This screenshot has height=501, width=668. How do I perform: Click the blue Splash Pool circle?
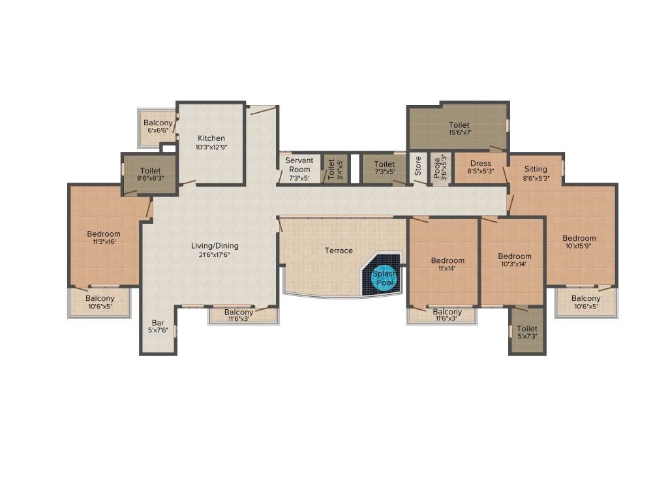384,279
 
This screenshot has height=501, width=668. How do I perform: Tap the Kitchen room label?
211,138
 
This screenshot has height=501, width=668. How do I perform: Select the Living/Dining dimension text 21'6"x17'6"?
215,255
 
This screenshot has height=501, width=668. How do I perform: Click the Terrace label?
339,250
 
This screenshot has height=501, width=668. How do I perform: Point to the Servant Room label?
299,165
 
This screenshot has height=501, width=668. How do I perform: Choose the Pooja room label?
437,168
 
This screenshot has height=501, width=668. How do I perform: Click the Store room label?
418,166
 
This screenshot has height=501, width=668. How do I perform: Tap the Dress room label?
481,163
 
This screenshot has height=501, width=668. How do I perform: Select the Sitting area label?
536,169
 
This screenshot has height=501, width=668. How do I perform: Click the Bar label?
158,323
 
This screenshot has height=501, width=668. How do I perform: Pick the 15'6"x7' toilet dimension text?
460,132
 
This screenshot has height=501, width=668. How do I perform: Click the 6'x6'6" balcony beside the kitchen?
158,127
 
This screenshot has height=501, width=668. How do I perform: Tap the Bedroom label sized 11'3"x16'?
104,234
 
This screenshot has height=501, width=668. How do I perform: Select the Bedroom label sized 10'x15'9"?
579,238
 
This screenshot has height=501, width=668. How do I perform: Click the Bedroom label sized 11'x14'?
448,260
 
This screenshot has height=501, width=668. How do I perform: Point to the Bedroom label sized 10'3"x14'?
515,256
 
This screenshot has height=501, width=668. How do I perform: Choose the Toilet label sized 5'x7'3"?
527,329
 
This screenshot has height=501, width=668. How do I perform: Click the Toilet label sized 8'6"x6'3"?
151,171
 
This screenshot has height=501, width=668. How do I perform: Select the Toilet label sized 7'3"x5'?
384,164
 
